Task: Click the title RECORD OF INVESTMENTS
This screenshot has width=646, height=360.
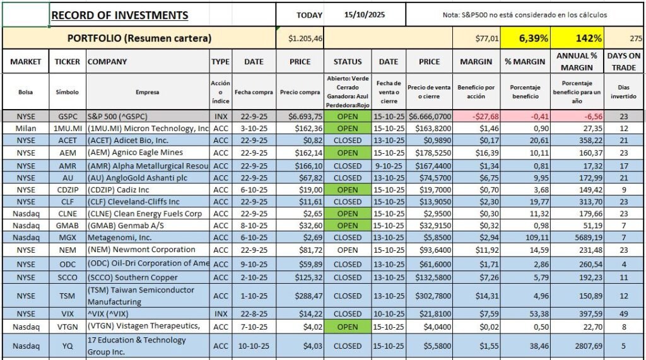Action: tap(120, 15)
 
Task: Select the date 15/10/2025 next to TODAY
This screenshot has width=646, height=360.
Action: tap(364, 15)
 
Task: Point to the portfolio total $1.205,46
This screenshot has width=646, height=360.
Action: tap(300, 39)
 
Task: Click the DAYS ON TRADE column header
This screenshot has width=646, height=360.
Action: tap(623, 61)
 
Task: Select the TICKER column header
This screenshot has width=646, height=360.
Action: tap(68, 62)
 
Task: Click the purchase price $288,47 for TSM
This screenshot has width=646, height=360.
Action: tap(300, 296)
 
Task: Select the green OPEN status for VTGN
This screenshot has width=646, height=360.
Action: tap(348, 327)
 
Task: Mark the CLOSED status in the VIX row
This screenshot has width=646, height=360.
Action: tap(348, 313)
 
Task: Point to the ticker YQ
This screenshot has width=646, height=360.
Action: tap(68, 345)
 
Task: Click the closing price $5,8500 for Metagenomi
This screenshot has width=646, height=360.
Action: tap(429, 237)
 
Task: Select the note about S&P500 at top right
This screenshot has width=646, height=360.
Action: tap(525, 15)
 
